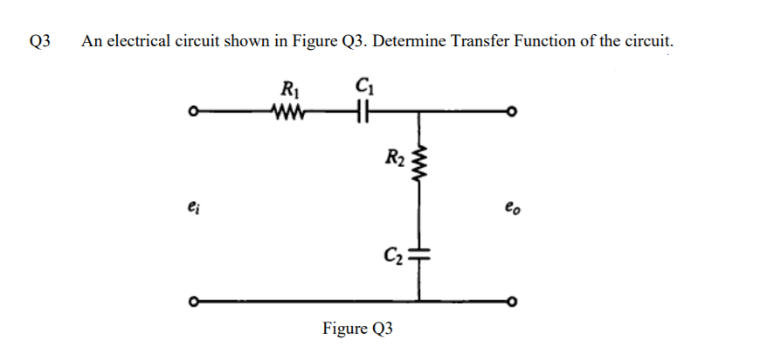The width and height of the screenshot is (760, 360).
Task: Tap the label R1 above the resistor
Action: pyautogui.click(x=287, y=89)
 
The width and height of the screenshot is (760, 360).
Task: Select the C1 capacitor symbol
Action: pyautogui.click(x=363, y=112)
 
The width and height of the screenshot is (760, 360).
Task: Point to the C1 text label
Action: pyautogui.click(x=363, y=88)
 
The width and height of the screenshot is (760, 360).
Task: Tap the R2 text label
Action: pyautogui.click(x=394, y=158)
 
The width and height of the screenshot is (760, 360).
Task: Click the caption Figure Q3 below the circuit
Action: pyautogui.click(x=357, y=329)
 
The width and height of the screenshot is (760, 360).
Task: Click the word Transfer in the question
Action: pyautogui.click(x=478, y=41)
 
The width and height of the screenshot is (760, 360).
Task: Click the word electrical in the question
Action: pyautogui.click(x=133, y=41)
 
